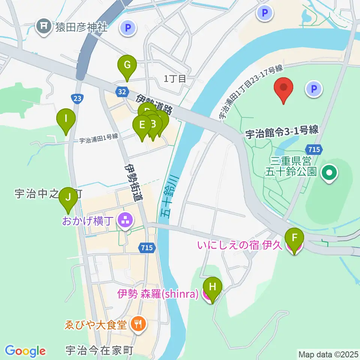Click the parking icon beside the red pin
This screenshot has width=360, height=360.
(x=314, y=89)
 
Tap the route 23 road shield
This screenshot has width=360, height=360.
(x=77, y=98)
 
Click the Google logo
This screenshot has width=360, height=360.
(x=25, y=351)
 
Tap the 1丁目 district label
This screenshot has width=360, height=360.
(x=175, y=79)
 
